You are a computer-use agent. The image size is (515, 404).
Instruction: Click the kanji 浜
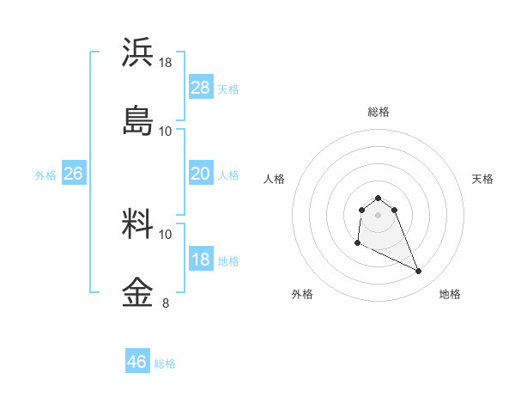pos(138,52)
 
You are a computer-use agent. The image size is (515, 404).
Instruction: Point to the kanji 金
pos(138,291)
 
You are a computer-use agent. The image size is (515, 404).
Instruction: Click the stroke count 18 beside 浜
pos(166,63)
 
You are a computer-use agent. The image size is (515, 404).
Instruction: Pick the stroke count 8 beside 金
pos(166,303)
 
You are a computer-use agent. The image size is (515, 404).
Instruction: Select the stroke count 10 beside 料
pos(166,234)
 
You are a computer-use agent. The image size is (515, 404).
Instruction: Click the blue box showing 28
pos(201,88)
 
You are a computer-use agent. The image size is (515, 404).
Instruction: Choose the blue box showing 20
pos(201,174)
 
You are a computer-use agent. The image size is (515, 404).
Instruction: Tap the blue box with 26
pos(74,174)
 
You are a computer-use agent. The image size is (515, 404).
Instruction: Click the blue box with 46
pos(137,362)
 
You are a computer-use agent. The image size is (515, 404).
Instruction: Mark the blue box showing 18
pos(201,260)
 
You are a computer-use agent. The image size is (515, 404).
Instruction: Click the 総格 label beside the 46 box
pos(165,364)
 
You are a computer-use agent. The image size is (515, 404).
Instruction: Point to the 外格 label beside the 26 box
pos(45,175)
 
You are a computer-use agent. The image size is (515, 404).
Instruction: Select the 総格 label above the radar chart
pos(379,112)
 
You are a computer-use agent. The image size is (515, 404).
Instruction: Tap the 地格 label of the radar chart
pos(450,294)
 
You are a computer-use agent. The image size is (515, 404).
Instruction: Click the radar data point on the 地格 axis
pos(419,272)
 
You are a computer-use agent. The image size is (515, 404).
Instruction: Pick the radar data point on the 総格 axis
pos(379,198)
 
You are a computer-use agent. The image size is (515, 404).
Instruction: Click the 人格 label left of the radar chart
pos(275,179)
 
